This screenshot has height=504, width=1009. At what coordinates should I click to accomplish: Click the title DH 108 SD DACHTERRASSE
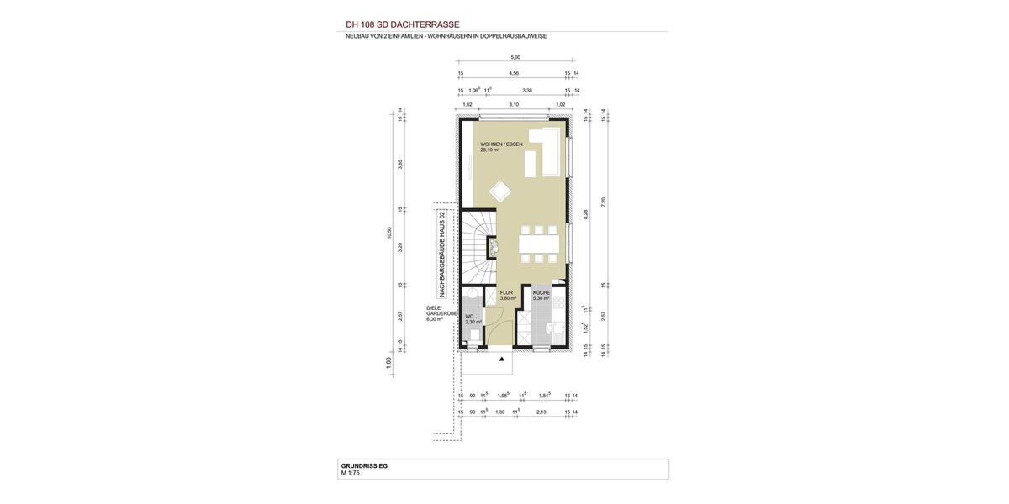403,24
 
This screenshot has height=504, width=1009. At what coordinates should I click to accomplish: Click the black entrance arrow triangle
502,360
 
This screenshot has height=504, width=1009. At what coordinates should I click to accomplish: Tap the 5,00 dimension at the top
515,57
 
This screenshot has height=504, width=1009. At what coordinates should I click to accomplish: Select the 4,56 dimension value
514,73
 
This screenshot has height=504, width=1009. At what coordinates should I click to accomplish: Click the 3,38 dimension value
527,89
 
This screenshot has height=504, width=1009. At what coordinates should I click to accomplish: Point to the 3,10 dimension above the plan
514,105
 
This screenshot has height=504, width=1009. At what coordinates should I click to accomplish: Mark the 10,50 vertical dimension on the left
389,233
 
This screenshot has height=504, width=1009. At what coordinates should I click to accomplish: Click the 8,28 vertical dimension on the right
586,214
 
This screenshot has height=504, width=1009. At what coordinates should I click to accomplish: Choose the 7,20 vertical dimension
603,201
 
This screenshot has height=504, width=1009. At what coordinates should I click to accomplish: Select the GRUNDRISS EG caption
363,465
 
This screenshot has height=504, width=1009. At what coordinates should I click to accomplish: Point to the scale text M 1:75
350,473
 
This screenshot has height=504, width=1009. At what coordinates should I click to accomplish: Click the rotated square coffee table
499,191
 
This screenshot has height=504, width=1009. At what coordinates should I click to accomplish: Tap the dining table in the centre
540,244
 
